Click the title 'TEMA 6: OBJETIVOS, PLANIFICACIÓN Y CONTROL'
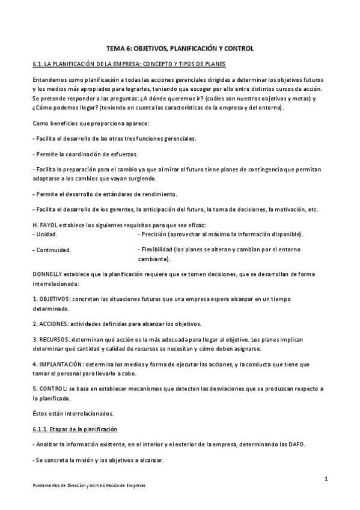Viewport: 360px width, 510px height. [x=180, y=48]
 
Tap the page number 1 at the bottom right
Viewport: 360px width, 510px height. [x=325, y=479]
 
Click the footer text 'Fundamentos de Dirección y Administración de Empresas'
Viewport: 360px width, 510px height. [x=90, y=485]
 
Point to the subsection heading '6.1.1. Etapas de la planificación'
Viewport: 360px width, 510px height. [x=75, y=429]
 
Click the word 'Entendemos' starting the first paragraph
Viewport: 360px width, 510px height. [x=48, y=79]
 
